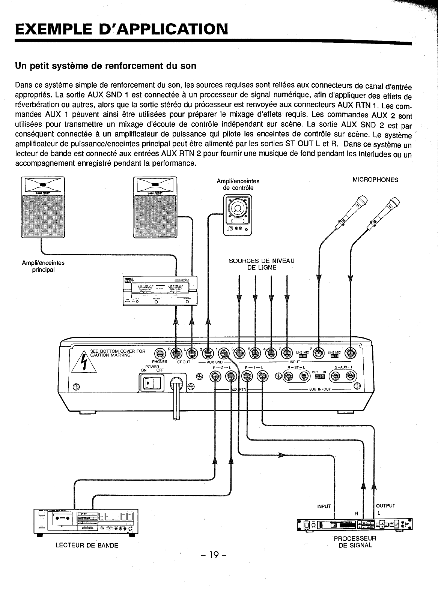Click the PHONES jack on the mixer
[x=160, y=353]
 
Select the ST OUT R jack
[x=176, y=353]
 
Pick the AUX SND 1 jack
[x=224, y=353]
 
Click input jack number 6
[x=239, y=353]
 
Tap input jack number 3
[x=287, y=353]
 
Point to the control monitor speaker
[x=238, y=215]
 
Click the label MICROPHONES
[x=375, y=180]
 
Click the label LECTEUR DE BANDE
[x=87, y=546]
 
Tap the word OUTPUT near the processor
[x=385, y=506]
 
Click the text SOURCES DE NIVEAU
[x=262, y=261]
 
